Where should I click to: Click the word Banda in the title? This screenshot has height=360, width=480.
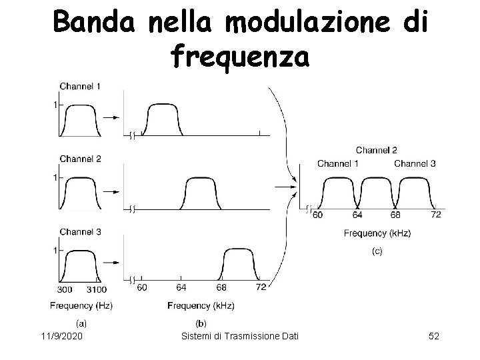pos(93,24)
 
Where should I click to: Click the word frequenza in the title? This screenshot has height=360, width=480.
pos(240,57)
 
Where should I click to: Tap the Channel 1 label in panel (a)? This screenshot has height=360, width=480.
pos(80,87)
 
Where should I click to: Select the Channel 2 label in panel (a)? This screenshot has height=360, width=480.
pos(80,159)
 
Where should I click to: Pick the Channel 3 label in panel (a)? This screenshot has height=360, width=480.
pos(80,231)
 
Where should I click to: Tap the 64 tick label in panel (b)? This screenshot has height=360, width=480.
pos(181,287)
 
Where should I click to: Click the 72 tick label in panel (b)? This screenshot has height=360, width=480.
pos(261,287)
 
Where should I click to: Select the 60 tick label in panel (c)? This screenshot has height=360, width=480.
pos(317,215)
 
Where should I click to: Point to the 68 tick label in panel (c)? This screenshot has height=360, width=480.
pos(395,215)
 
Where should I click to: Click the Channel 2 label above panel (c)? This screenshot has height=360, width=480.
pos(377,150)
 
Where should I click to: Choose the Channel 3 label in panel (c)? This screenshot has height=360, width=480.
pos(414,163)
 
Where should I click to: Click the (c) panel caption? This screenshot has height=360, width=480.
pos(377,252)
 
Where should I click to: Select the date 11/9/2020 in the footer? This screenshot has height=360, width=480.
pos(61,340)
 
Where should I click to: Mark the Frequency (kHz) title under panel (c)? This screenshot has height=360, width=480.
pos(377,233)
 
